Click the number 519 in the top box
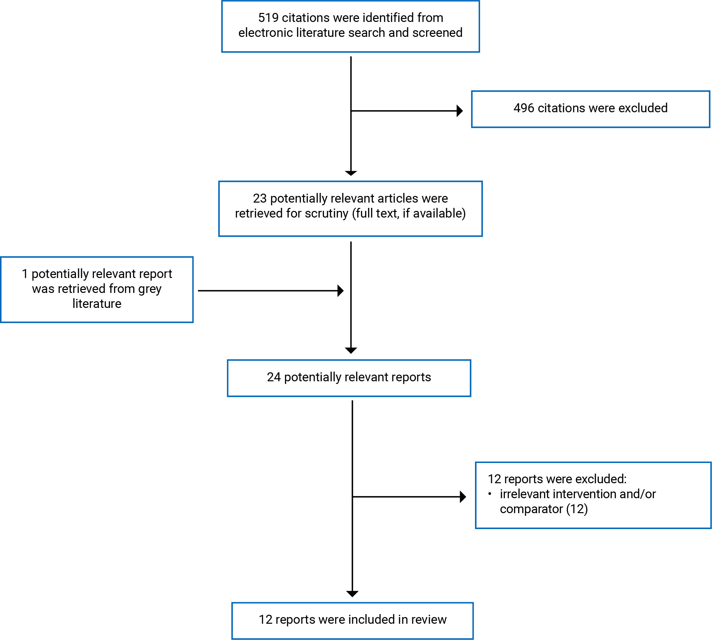click(x=268, y=18)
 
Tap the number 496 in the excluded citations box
click(x=524, y=108)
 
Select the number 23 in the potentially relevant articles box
click(x=260, y=198)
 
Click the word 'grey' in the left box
click(x=150, y=289)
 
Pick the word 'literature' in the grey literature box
click(x=97, y=304)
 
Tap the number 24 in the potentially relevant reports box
click(x=274, y=377)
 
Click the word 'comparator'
click(x=531, y=509)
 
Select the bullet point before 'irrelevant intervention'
click(x=490, y=494)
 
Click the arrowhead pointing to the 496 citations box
click(x=460, y=111)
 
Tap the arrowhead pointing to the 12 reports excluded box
click(x=463, y=497)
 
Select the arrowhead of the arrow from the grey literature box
click(x=341, y=291)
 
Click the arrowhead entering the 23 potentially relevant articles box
click(x=351, y=173)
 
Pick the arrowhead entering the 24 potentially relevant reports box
click(x=351, y=351)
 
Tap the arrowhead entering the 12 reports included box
click(x=352, y=594)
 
